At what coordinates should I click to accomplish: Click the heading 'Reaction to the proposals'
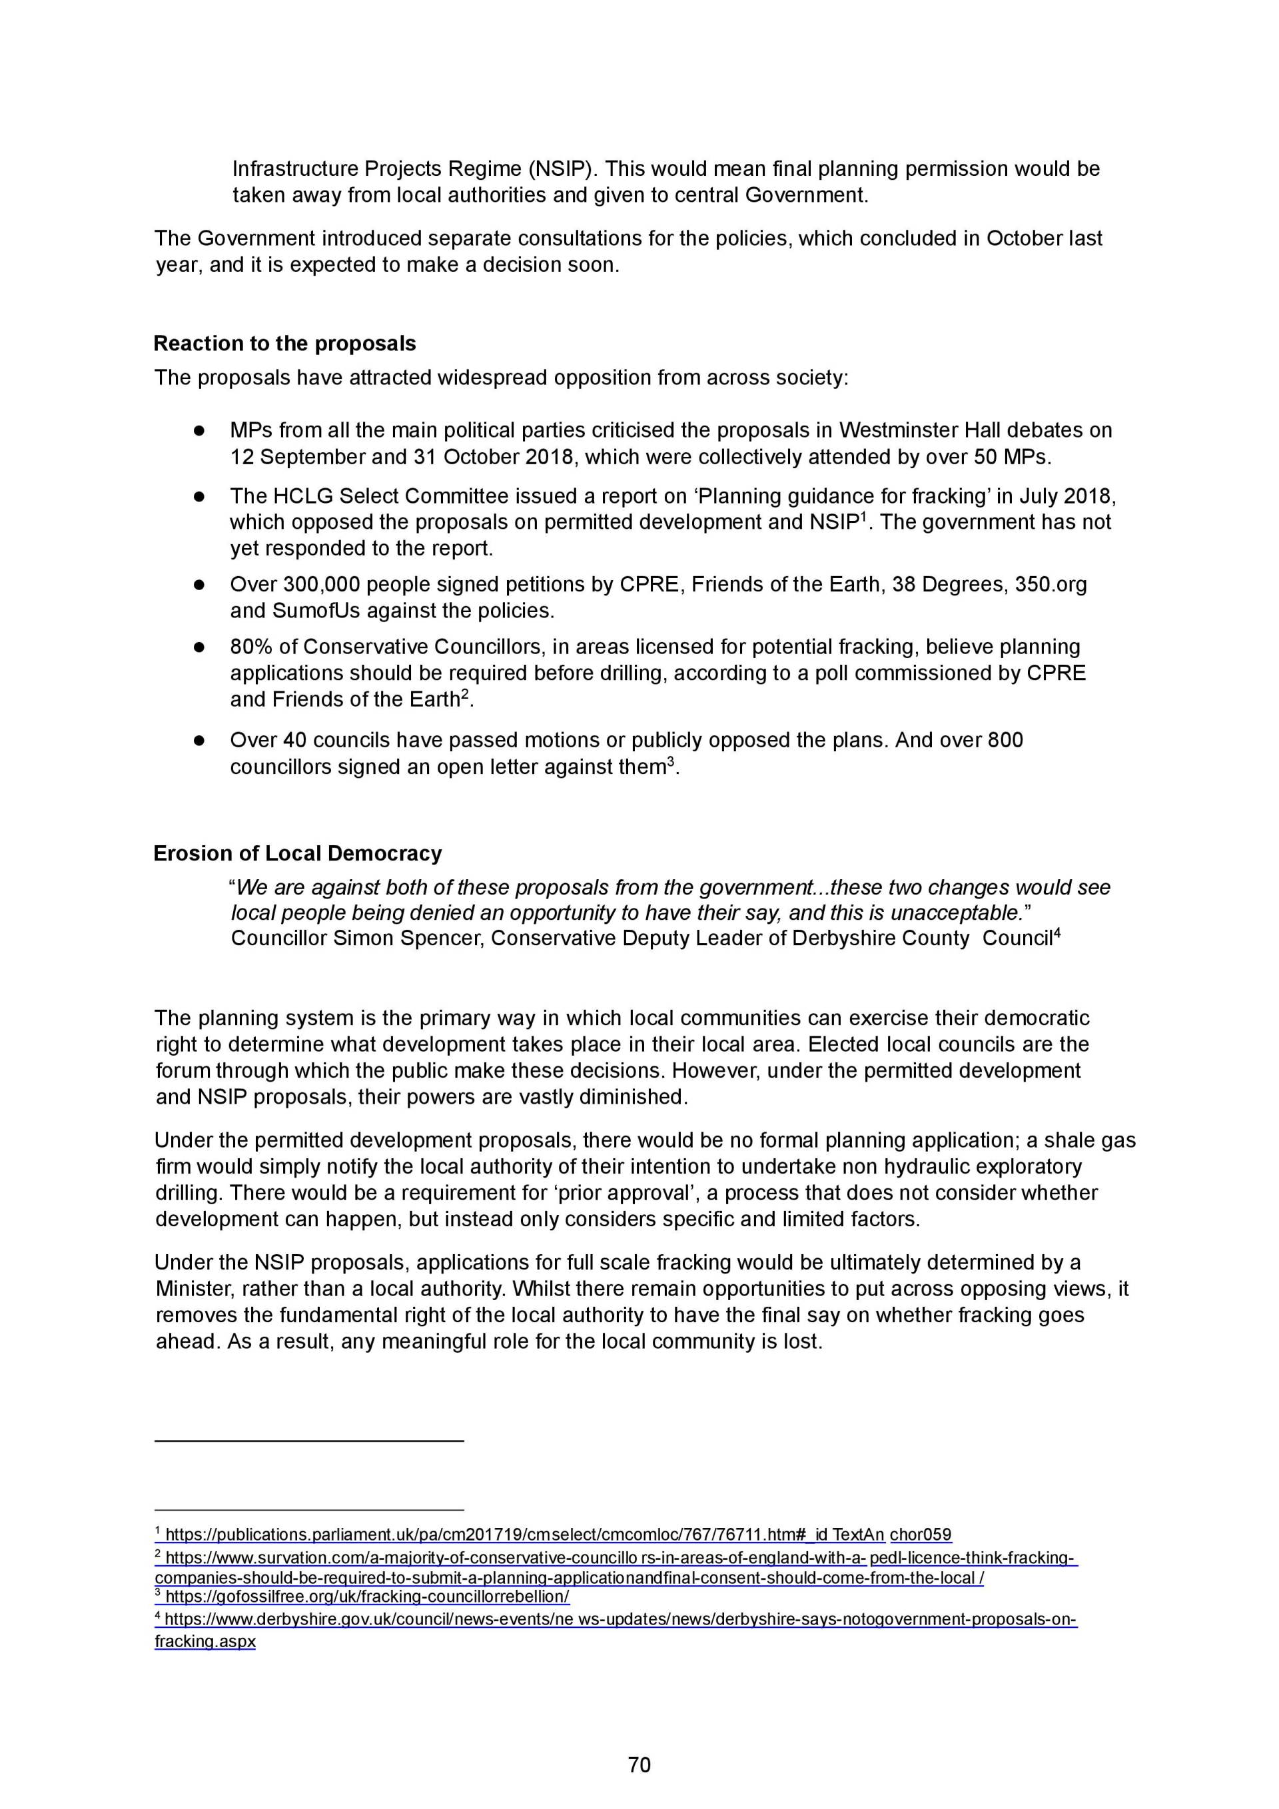pos(284,344)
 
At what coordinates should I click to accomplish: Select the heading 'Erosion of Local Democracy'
pos(297,853)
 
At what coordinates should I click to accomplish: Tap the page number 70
pos(639,1764)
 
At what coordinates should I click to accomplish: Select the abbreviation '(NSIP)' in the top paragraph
pos(560,169)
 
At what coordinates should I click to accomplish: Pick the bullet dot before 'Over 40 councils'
pos(199,741)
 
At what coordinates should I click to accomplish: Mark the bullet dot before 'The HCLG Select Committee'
pos(199,496)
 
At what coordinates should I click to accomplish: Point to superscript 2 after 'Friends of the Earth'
pos(465,694)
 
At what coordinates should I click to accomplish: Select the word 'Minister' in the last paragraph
pos(193,1289)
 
